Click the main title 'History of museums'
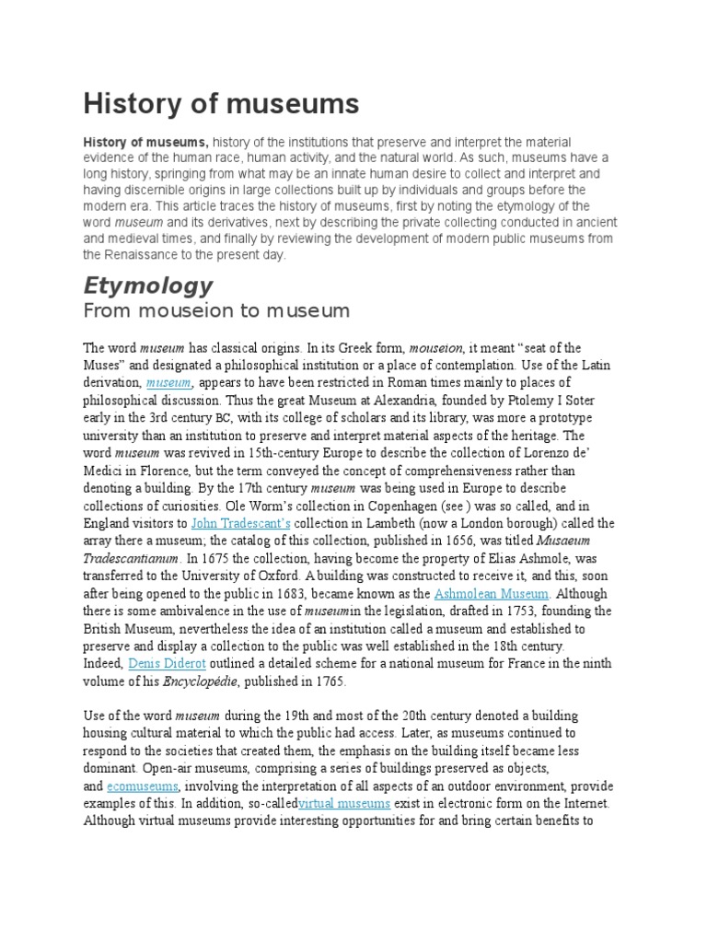pos(221,103)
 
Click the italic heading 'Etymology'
pos(148,285)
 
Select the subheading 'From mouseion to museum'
pos(216,310)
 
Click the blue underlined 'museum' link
pos(168,382)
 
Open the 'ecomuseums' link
pos(143,786)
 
